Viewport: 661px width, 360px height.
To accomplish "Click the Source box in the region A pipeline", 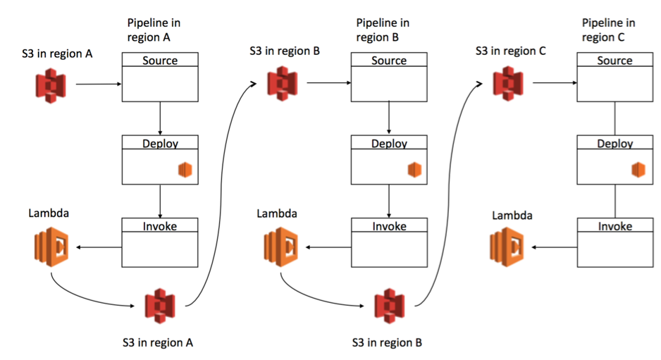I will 160,77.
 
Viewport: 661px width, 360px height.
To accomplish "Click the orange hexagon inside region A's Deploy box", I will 185,170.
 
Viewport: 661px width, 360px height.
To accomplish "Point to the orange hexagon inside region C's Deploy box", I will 638,170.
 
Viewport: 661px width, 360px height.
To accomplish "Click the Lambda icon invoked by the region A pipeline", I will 51,247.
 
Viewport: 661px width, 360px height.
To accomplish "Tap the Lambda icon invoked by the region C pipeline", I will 507,247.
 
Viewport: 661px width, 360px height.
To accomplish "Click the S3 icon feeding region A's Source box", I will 51,86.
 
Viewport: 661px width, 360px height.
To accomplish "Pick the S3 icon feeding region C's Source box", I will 507,82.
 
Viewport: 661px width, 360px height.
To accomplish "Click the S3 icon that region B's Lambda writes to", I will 388,306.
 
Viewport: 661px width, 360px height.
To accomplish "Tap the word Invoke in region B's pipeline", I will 389,226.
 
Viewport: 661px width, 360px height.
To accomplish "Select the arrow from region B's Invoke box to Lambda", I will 327,247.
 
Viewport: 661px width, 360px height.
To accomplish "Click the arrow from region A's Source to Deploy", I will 161,119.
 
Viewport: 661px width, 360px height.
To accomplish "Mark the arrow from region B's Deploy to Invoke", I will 389,201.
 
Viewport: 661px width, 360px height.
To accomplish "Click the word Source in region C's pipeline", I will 614,61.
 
